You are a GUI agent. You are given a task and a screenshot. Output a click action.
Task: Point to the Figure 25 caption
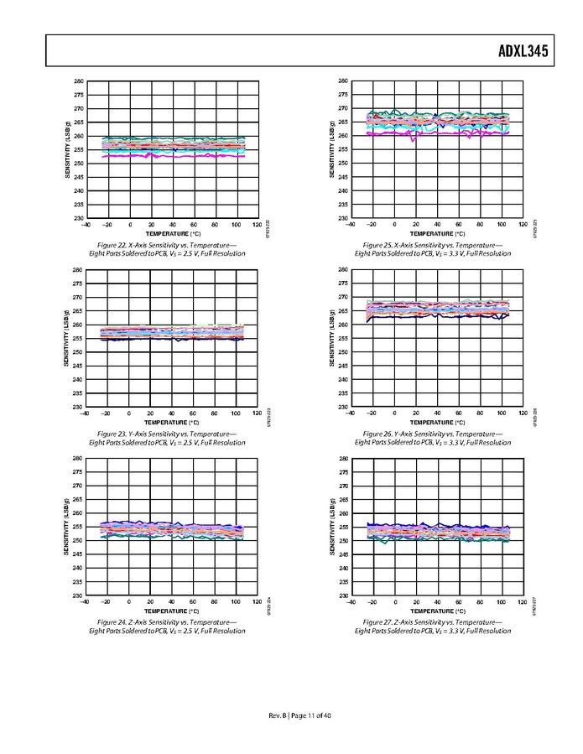click(432, 249)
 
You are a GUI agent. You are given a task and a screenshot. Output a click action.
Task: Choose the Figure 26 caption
click(432, 438)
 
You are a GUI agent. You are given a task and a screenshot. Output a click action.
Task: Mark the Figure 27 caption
click(432, 627)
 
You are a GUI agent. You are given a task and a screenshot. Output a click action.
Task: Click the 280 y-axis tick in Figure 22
click(78, 81)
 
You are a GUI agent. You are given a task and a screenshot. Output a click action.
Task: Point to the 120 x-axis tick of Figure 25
click(522, 225)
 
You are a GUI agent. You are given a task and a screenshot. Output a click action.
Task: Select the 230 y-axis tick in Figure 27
click(343, 595)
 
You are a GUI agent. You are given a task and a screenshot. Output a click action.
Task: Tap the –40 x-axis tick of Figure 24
click(84, 602)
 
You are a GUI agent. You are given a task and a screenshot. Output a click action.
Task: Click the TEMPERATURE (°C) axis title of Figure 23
click(170, 422)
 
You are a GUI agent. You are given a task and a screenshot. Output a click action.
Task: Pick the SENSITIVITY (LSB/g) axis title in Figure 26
click(333, 338)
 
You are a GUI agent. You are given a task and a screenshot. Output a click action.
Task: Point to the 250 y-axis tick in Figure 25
click(343, 164)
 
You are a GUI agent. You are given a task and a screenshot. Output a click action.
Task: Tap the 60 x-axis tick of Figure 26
click(459, 413)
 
